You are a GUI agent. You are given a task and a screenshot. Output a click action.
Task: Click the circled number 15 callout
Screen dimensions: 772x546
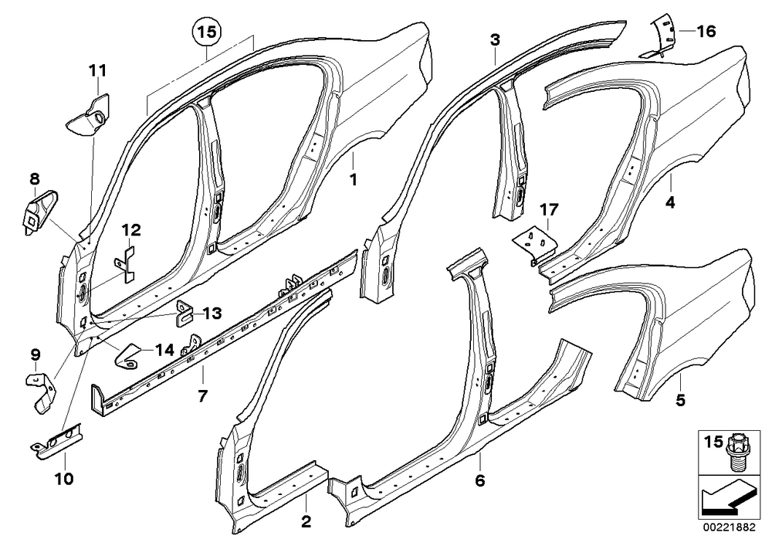click(207, 32)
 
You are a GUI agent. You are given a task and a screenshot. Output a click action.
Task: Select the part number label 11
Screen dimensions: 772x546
click(97, 71)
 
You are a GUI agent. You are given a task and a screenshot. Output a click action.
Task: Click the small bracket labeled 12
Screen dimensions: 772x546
click(126, 265)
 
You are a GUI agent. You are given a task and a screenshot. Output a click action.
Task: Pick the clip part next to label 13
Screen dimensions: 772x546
click(184, 313)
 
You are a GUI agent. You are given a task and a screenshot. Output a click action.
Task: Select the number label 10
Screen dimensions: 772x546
click(64, 478)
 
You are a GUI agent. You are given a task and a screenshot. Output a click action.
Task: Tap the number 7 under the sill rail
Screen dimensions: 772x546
click(202, 395)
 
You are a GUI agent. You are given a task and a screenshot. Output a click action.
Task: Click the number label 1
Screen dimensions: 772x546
click(353, 180)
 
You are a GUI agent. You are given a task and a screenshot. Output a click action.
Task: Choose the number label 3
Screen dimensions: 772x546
click(495, 40)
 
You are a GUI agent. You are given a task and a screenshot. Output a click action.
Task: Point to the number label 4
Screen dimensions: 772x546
click(670, 202)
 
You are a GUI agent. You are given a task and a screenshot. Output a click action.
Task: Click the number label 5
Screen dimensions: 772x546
click(680, 400)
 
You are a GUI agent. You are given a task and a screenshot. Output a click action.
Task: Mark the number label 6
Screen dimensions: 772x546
click(480, 480)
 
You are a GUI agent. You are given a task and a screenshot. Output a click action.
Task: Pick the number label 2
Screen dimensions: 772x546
click(306, 521)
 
